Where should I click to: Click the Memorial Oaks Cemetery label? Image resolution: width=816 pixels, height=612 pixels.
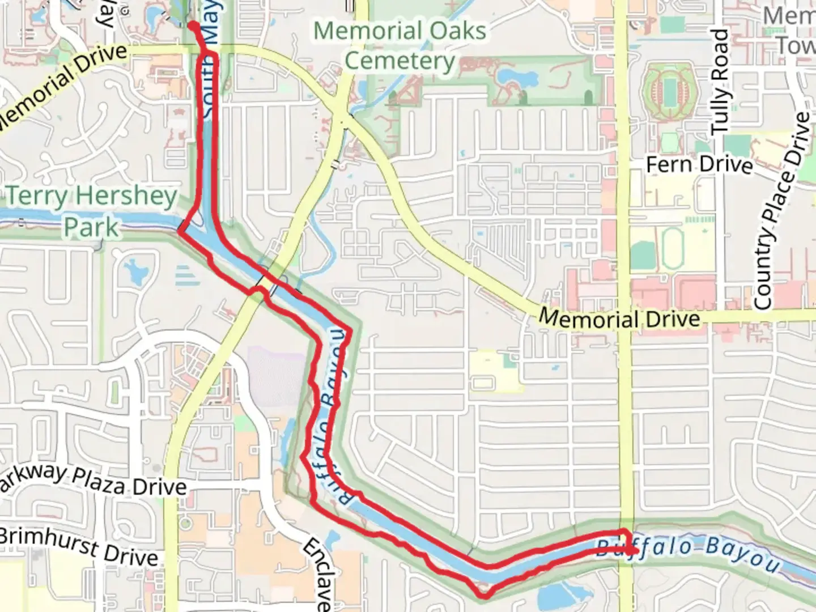400,45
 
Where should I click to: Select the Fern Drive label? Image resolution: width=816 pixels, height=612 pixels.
699,164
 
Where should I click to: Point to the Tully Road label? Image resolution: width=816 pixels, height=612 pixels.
719,82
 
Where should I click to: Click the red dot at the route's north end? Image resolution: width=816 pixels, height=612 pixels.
193,25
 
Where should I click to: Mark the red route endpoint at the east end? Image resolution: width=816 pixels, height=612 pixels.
634,550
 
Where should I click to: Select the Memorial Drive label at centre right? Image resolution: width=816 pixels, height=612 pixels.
619,318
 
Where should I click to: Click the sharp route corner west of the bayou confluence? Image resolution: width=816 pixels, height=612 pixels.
181,231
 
